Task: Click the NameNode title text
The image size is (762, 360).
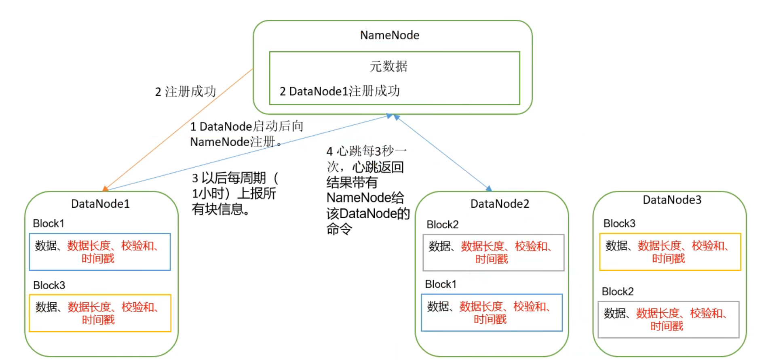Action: coord(389,35)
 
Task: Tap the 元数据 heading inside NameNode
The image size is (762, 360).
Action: coord(388,66)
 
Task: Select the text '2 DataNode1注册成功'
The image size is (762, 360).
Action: coord(340,91)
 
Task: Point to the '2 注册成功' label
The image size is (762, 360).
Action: coord(186,92)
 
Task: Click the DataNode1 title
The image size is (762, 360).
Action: coord(100,204)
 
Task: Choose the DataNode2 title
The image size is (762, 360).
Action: coord(500,204)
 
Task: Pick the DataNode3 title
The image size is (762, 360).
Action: coord(672,200)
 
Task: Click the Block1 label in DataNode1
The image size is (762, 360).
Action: coord(49,223)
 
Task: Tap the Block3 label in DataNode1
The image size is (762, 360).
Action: coord(49,285)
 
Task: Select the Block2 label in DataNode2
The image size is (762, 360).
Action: coord(442,225)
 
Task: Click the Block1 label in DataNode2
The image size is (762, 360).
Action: coord(440,284)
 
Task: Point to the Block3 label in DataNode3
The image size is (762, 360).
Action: coord(619,223)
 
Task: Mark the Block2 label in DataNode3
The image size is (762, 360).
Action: coord(617,292)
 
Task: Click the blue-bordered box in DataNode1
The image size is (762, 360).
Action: coord(100,252)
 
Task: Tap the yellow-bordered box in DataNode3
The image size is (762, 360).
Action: coord(670,252)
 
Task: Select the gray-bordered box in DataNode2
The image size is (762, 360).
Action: coord(493,253)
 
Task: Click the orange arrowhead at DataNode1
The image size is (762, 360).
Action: coord(105,188)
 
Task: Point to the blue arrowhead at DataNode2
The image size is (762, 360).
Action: coord(489,188)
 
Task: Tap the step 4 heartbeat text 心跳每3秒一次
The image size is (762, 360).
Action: coord(366,158)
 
